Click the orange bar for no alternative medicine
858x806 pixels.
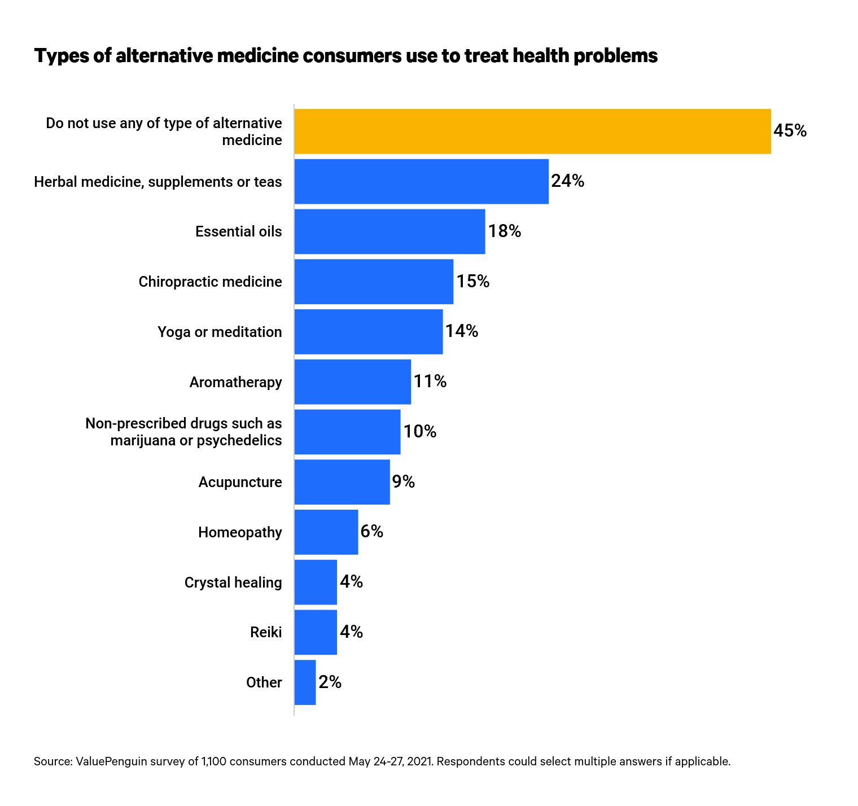[532, 131]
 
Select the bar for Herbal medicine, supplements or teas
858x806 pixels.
[421, 181]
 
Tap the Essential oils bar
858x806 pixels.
[389, 231]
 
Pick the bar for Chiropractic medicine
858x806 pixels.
[374, 282]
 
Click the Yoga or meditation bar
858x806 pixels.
[368, 332]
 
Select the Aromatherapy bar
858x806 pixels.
[352, 382]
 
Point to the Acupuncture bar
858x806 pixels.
[342, 482]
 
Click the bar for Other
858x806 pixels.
[305, 682]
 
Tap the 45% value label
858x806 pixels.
[790, 131]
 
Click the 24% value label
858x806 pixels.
[567, 181]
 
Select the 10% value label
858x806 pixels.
[419, 432]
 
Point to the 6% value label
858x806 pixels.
[371, 532]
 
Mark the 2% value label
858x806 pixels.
[330, 682]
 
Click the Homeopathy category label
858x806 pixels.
[240, 532]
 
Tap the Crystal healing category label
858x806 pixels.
[233, 582]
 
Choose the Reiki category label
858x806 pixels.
[266, 632]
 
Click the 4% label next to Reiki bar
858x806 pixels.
[351, 632]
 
